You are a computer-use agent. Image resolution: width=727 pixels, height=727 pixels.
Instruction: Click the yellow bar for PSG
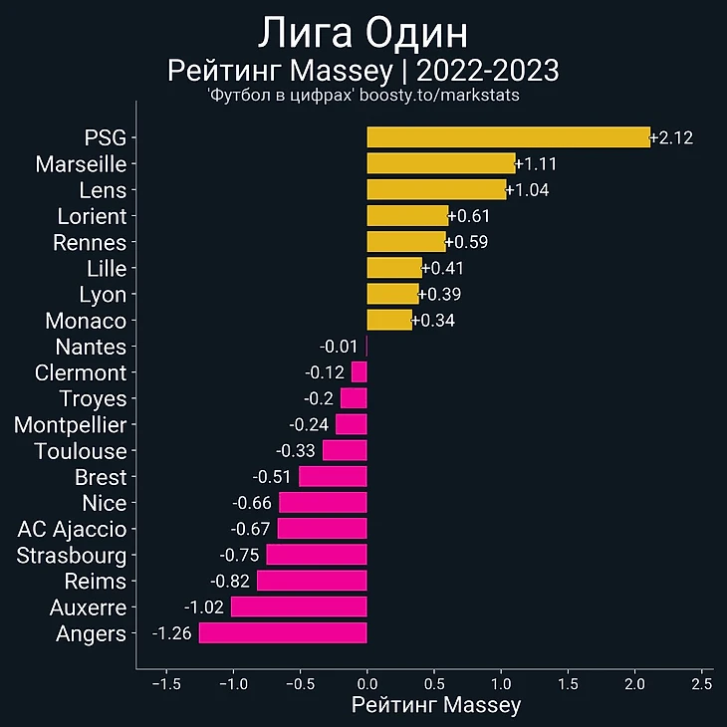coord(508,137)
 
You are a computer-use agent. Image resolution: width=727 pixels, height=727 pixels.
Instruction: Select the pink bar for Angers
coord(283,633)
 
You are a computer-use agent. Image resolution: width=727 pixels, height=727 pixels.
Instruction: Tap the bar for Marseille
coord(440,163)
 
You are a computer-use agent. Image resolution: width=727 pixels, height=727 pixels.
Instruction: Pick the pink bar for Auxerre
coord(299,606)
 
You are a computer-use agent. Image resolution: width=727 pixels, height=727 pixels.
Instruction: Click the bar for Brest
coord(333,477)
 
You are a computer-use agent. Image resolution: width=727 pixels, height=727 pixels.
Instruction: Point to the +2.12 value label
coord(671,137)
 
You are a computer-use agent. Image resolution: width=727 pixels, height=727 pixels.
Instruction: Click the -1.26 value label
coord(173,633)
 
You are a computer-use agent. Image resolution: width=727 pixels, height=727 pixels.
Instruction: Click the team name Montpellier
coord(71,425)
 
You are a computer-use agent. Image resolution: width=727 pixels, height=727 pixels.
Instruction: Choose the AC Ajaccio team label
coord(73,529)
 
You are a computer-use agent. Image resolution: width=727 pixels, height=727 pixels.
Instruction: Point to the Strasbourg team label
coord(72,555)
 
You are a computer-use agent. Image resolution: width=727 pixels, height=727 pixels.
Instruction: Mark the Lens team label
coord(103,190)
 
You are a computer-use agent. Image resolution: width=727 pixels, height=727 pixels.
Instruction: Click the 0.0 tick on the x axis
coord(366,684)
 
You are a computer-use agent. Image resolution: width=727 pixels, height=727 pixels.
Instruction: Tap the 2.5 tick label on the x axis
coord(701,684)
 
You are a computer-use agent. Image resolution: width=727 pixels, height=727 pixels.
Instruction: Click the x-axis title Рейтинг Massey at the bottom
coord(436,705)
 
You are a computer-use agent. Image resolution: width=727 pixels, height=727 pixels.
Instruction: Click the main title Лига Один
coord(363,33)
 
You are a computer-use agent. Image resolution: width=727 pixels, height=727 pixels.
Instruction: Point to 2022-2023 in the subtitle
coord(488,72)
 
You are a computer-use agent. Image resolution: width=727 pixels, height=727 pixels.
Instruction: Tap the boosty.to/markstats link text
coord(439,95)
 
